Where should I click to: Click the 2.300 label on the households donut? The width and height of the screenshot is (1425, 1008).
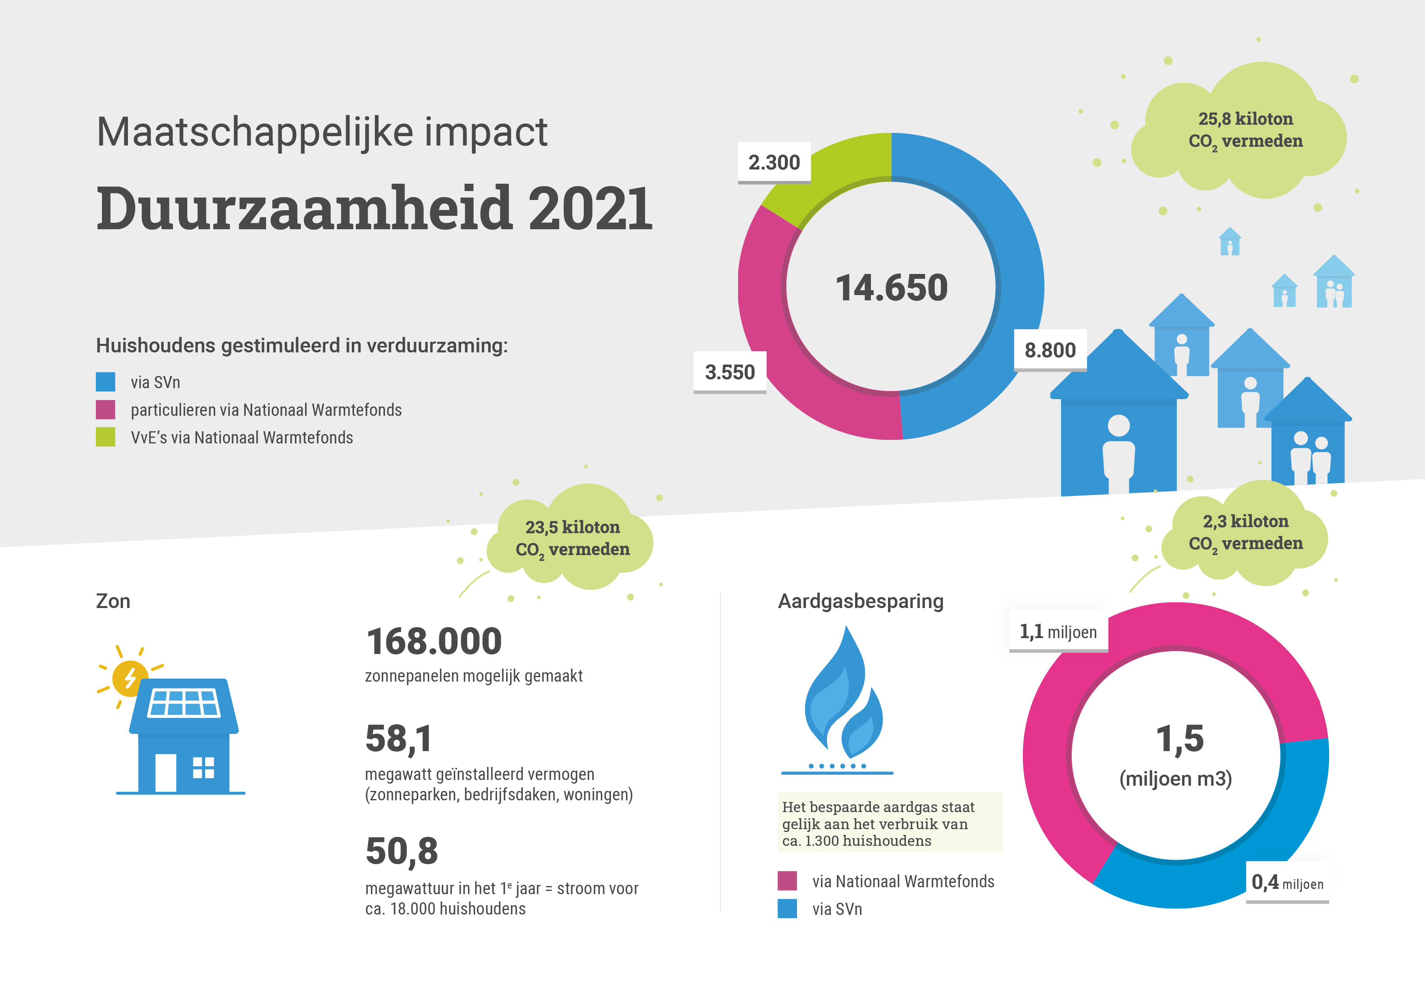coord(774,163)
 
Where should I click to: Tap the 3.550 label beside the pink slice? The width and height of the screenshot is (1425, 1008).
coord(730,372)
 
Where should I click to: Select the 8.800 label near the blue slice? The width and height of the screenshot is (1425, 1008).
coord(1050,350)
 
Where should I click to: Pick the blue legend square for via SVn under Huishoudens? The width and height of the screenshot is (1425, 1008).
coord(106,382)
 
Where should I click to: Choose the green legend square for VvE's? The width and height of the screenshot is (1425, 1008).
coord(106,437)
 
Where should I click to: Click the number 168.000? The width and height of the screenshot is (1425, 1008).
coord(434,641)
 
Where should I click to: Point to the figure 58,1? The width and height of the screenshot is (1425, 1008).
coord(398,739)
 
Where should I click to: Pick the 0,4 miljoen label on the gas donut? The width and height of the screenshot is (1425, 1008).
coord(1287,882)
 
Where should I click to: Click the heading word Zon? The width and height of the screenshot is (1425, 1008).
coord(113,601)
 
